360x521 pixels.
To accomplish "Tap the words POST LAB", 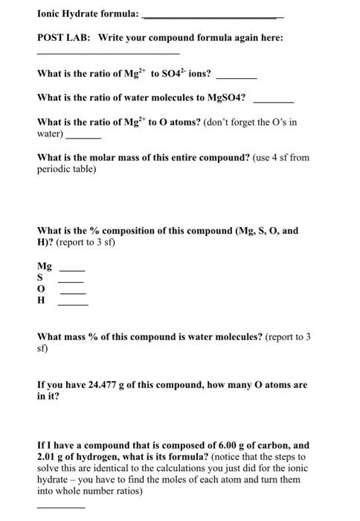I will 63,38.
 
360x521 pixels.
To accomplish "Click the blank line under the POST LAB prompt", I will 108,54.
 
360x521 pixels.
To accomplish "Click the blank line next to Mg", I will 72,270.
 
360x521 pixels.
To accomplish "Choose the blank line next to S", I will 71,282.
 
